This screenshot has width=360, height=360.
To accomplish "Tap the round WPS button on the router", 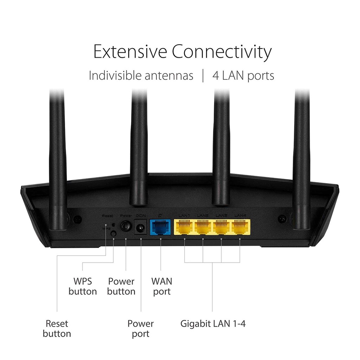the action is click(x=114, y=233).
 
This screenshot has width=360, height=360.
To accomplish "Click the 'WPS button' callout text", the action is click(x=83, y=286).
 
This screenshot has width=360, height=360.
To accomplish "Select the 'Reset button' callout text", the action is click(x=57, y=328).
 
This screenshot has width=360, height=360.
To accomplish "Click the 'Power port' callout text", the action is click(x=141, y=328).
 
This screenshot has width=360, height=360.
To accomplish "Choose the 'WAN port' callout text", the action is click(x=162, y=286).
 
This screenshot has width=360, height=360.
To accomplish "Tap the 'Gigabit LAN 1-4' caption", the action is click(x=213, y=323).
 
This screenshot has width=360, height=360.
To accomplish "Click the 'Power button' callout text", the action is click(x=121, y=286).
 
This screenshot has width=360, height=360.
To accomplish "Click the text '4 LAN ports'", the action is click(x=243, y=76).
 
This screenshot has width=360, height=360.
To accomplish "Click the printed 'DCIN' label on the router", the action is click(x=141, y=215).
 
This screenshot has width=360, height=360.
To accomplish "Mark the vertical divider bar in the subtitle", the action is click(x=203, y=76).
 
